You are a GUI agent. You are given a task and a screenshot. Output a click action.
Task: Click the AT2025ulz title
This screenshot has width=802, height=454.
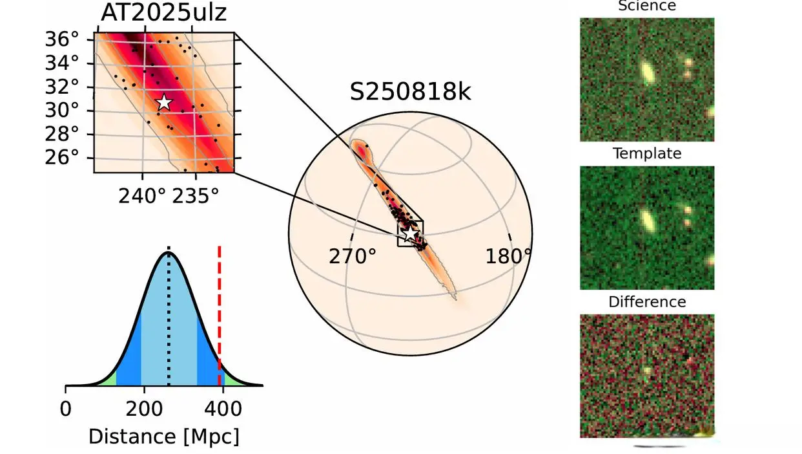coord(164,12)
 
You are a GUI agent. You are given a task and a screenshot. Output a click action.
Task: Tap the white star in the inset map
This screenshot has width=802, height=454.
coord(164,102)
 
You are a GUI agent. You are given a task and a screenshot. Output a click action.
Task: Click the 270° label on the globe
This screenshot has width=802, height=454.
coord(352,257)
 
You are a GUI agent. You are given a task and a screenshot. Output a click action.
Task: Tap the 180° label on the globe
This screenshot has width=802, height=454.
coord(508,257)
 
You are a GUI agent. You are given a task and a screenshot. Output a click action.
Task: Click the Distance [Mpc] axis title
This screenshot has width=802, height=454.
coord(164,437)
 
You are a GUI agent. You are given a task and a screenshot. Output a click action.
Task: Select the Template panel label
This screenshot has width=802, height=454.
coord(646,153)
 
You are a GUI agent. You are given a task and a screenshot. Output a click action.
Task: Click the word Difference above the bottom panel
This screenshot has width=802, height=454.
coord(646,302)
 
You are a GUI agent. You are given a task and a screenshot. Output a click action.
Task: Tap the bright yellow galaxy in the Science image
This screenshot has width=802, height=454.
coord(646,72)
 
